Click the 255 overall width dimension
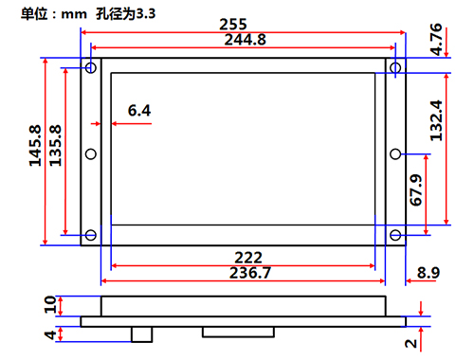[x=233, y=24]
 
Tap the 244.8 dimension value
[x=246, y=40]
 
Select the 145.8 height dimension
[x=35, y=146]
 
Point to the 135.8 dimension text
[x=55, y=146]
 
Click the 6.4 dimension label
[x=139, y=111]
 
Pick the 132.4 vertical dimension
[x=436, y=120]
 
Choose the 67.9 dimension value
[x=416, y=189]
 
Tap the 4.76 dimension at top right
[x=436, y=39]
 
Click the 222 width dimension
[x=248, y=258]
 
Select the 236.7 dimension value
[x=250, y=273]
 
